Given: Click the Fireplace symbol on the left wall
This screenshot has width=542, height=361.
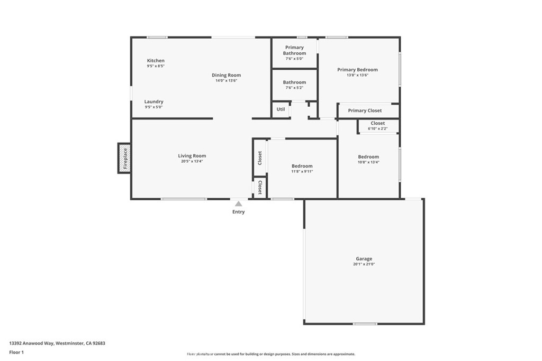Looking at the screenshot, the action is (124, 158).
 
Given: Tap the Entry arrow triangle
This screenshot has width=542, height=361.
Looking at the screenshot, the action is (239, 203).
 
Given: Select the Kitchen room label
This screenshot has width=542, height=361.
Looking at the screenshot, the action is (156, 60).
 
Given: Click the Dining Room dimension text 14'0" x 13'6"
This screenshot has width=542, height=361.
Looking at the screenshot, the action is (227, 81).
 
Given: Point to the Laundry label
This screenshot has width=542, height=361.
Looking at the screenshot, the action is (154, 101).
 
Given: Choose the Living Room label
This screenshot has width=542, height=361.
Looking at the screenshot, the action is (192, 155).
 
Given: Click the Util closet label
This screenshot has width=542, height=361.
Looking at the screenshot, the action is (281, 109).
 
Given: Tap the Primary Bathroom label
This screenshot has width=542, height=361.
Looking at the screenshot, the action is (294, 50).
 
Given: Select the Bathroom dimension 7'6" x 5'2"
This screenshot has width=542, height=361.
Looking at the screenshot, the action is (294, 88).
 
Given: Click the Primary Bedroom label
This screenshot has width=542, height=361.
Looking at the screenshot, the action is (357, 70).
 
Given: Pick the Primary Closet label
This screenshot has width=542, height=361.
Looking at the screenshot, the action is (365, 110).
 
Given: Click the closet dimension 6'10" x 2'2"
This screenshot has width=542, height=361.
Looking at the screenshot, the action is (377, 129).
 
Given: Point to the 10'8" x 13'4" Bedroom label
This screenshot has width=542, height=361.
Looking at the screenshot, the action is (368, 156).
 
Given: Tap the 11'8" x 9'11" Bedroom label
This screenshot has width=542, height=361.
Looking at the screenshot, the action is (302, 166).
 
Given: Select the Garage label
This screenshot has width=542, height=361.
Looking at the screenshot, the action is (364, 258).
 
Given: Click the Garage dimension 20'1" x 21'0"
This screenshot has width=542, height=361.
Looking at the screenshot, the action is (364, 264).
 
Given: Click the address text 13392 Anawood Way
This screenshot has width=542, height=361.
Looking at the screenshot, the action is (31, 344).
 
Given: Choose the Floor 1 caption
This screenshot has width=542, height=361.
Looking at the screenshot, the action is (16, 353).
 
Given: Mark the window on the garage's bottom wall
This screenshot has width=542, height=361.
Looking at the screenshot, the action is (365, 323).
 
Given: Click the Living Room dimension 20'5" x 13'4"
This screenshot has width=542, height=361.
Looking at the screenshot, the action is (192, 161).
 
